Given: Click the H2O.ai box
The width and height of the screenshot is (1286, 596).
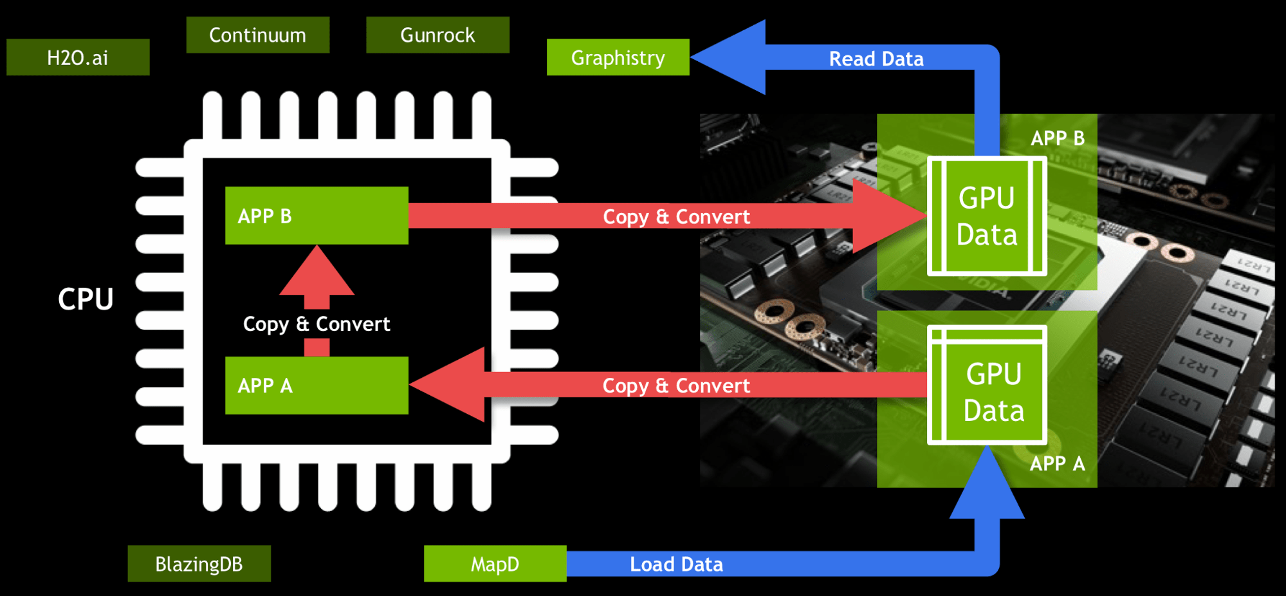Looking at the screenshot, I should (78, 57).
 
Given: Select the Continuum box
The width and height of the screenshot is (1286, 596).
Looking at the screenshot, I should (257, 35).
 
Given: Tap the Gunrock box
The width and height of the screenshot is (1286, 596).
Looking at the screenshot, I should (437, 35).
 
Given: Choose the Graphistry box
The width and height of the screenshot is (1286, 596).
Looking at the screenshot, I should (618, 57).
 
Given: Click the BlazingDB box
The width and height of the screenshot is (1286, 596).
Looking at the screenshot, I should (199, 564).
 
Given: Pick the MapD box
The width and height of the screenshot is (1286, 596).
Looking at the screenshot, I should (495, 564).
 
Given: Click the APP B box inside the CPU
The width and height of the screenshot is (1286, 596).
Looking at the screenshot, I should (317, 216).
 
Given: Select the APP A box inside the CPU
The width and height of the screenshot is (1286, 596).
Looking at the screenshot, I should (317, 385).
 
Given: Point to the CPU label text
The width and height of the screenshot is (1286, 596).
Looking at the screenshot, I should (86, 299).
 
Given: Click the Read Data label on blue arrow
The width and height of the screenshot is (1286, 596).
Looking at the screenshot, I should (876, 59).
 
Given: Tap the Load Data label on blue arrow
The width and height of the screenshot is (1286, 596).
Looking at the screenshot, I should (676, 564).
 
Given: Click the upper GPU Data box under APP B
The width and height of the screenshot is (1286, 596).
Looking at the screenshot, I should (987, 216).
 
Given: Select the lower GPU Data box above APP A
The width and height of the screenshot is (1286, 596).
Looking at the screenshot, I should (987, 385).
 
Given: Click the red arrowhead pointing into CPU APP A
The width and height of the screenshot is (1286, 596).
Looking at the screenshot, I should (450, 385).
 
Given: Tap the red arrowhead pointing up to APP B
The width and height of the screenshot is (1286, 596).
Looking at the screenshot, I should (317, 274).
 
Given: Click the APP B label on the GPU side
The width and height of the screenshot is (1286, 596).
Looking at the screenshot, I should (1057, 138).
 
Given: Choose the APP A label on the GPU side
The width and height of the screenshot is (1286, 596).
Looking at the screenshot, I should (1057, 463).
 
